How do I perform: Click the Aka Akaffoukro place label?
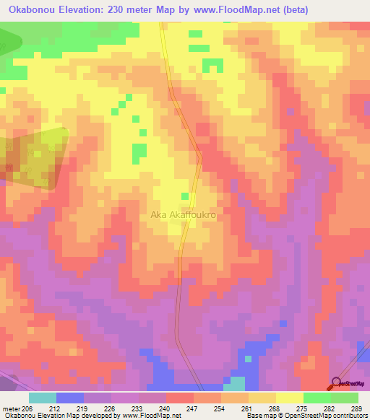click(184, 214)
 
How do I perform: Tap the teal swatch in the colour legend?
click(43, 398)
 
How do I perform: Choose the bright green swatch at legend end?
click(345, 398)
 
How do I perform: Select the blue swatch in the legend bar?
click(70, 398)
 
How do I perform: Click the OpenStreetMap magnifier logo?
click(337, 382)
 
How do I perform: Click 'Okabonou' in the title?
click(30, 10)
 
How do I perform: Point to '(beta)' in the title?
click(288, 10)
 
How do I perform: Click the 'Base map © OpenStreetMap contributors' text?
click(305, 416)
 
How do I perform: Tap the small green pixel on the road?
click(185, 196)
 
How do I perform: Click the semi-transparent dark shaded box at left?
click(33, 157)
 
